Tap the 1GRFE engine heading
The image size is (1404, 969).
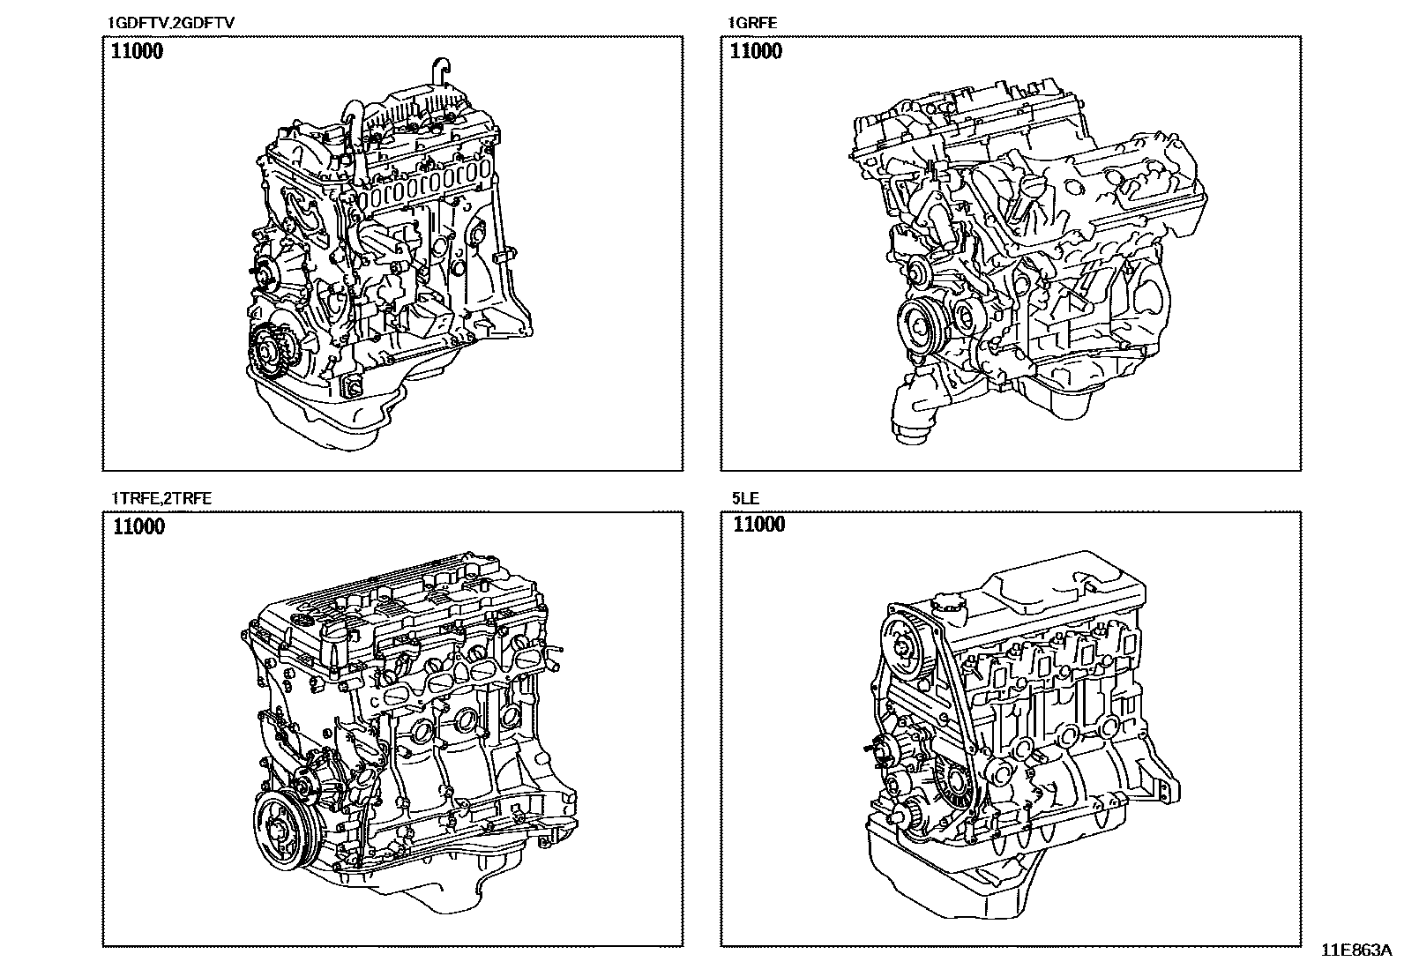pos(752,23)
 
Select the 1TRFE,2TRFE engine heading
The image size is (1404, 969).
pos(161,498)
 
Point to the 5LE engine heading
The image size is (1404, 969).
pos(744,498)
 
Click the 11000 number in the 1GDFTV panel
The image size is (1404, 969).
pos(137,51)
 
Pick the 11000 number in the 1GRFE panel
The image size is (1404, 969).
pos(756,51)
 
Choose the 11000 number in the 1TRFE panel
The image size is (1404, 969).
pos(138,527)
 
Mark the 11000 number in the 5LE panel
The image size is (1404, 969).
pos(758,525)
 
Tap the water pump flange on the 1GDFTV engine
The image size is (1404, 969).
pos(264,276)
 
